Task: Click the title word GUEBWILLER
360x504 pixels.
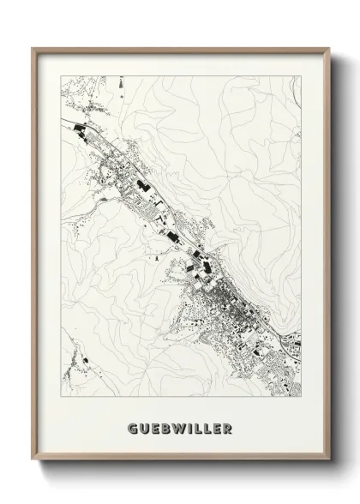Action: pyautogui.click(x=180, y=428)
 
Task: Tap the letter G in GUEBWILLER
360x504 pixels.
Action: pyautogui.click(x=131, y=428)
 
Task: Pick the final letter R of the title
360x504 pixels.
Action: pyautogui.click(x=228, y=428)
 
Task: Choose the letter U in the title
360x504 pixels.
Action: pyautogui.click(x=142, y=428)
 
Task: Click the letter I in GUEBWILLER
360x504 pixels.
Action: pyautogui.click(x=188, y=428)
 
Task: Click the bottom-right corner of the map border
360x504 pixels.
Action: pyautogui.click(x=303, y=398)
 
